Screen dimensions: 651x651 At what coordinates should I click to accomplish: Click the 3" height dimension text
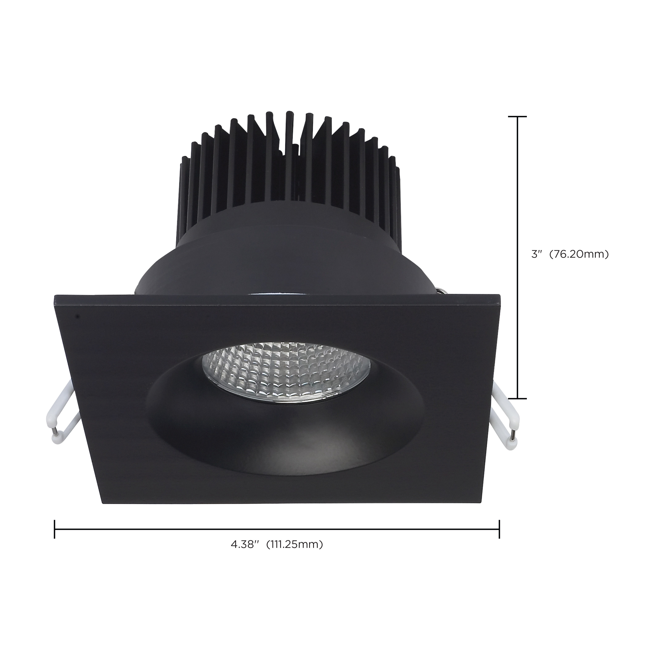click(x=536, y=254)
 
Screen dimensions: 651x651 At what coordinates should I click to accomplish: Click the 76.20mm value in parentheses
click(x=579, y=254)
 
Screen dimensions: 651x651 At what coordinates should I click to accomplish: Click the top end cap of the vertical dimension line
click(x=517, y=117)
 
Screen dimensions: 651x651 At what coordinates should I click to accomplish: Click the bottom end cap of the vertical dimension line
click(x=517, y=398)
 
